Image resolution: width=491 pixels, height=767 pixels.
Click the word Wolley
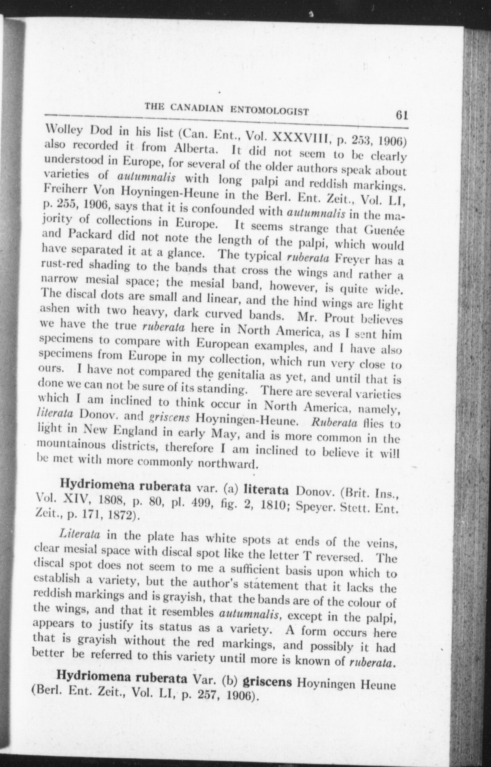(x=62, y=130)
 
